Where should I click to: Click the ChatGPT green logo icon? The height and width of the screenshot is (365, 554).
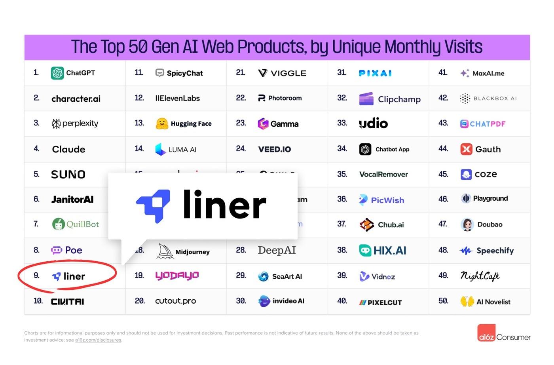coord(57,73)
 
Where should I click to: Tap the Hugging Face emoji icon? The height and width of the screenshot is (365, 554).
coord(161,124)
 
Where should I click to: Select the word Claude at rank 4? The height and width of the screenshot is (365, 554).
coord(68,149)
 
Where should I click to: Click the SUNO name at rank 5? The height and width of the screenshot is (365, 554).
coord(68,175)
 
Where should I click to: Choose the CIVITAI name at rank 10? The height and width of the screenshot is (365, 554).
coord(67,302)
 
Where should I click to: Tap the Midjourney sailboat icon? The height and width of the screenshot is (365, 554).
coord(165,251)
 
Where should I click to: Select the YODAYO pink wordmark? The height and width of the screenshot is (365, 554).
coord(177,276)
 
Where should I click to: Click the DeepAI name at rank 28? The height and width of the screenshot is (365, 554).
coord(277,250)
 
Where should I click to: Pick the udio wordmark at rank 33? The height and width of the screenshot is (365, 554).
coord(373,124)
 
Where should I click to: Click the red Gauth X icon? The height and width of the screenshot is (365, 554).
coord(466,149)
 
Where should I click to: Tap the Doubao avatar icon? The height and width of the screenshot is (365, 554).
coord(467,224)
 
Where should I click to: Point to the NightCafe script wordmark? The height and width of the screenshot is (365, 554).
coord(480,276)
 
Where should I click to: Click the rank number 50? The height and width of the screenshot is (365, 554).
coord(443,301)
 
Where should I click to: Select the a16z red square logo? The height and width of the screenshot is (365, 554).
coord(486,333)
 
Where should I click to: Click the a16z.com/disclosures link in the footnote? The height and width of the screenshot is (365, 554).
coord(98,340)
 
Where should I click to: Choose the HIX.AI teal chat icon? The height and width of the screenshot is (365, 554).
coord(365,251)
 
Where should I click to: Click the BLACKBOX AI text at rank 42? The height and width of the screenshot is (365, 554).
coord(495,99)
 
